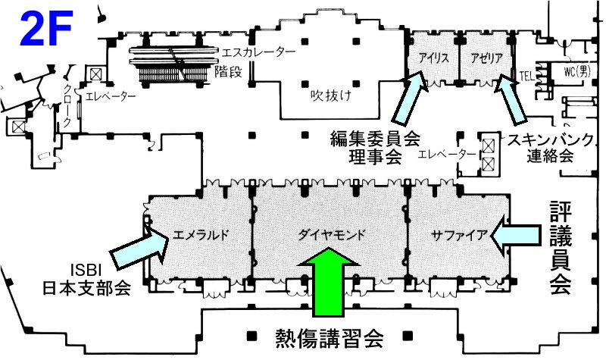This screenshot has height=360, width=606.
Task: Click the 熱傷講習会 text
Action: pyautogui.click(x=330, y=334)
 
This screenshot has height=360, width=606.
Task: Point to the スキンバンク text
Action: pyautogui.click(x=550, y=141)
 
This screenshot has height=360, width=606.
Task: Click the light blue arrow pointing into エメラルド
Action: pyautogui.click(x=139, y=247)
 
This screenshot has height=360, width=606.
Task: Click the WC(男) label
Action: pyautogui.click(x=575, y=72)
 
